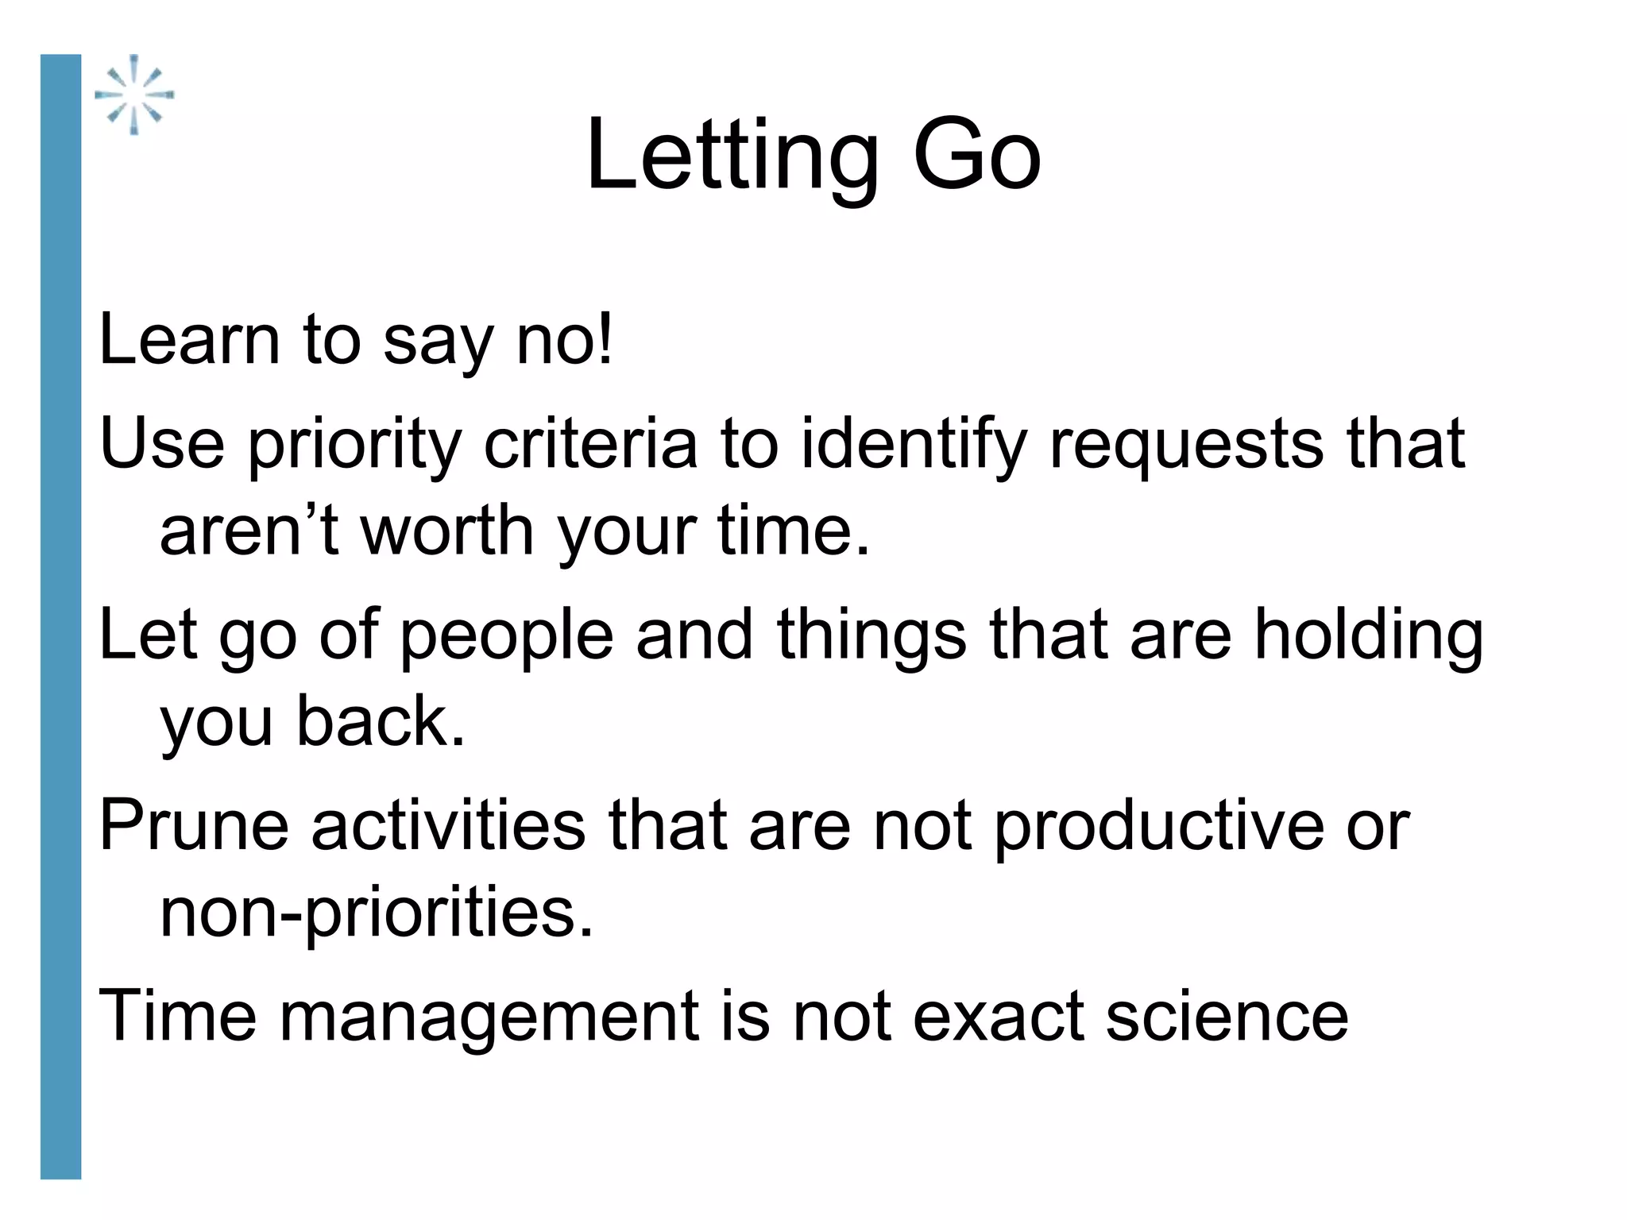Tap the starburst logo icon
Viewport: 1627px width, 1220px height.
(x=134, y=95)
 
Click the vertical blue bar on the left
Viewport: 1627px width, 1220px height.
(x=60, y=616)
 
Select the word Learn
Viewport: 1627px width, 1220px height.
(x=189, y=340)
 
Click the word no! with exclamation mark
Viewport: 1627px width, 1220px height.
(x=565, y=340)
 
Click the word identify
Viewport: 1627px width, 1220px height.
(x=914, y=444)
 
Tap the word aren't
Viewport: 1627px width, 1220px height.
(x=249, y=531)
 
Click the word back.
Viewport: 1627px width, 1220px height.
(x=381, y=721)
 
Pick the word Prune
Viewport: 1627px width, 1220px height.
(x=194, y=826)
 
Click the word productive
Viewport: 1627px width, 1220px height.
(x=1158, y=826)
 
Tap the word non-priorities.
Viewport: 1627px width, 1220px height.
(x=377, y=912)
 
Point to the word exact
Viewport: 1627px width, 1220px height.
(x=999, y=1017)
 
